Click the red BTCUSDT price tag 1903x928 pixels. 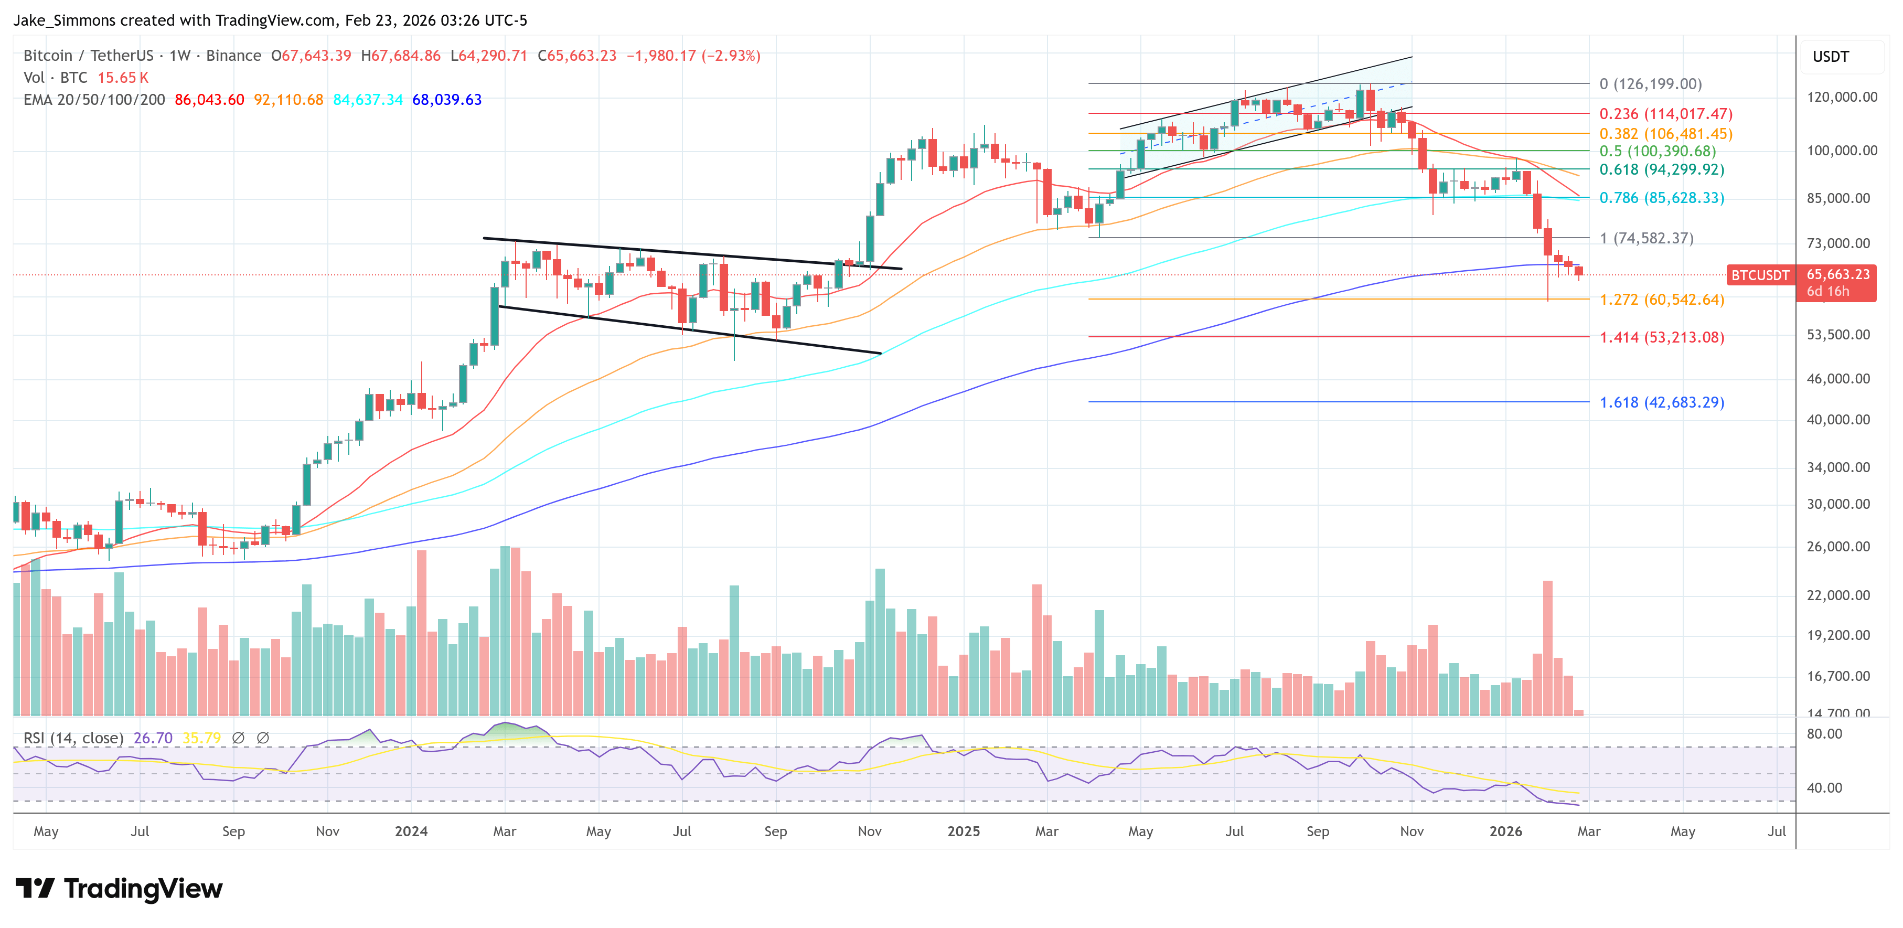click(1760, 275)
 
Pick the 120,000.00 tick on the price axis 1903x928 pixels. click(1841, 97)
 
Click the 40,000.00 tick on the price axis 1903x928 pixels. click(1838, 419)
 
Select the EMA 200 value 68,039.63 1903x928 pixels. click(446, 100)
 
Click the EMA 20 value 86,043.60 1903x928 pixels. click(209, 100)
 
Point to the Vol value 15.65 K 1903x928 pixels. click(123, 78)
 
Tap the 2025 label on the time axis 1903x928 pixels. click(964, 831)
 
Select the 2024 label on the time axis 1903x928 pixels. click(411, 831)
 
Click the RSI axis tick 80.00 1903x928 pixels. click(1824, 734)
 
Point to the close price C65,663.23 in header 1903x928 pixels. click(576, 56)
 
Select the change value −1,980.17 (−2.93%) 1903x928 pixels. click(693, 56)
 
